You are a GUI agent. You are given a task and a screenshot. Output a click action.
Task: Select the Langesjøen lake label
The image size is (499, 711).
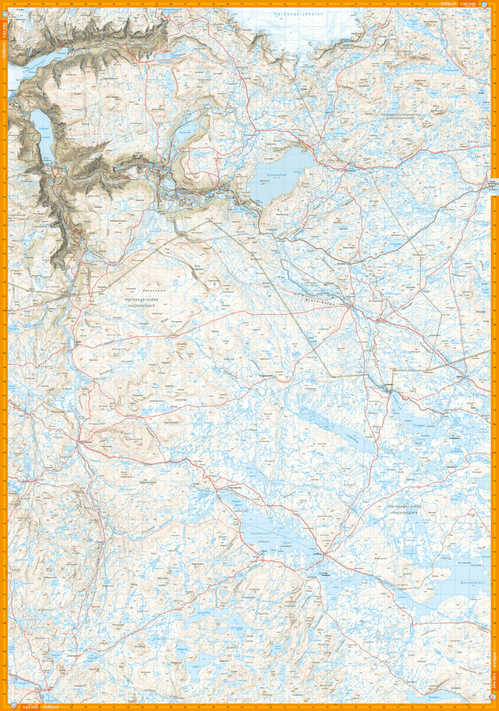(352, 439)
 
